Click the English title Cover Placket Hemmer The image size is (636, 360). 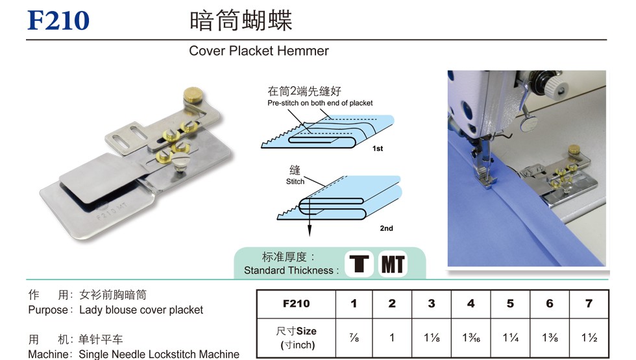pos(258,51)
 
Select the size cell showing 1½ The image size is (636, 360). pos(589,337)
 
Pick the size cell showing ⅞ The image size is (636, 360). pos(354,337)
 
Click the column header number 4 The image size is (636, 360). pos(471,304)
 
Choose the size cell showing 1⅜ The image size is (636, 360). pos(550,337)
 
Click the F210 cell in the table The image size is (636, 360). pos(296,304)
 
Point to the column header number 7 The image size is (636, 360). pos(589,304)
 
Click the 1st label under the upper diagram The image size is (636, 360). pos(378,149)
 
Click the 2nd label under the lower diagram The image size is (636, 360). pos(386,228)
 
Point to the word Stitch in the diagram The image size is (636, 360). pos(295,182)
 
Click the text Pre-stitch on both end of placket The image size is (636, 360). pos(320,103)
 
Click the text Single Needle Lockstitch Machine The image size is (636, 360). pos(159,354)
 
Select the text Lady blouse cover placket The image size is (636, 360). pos(141,310)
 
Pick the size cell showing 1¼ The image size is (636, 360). pos(510,337)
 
